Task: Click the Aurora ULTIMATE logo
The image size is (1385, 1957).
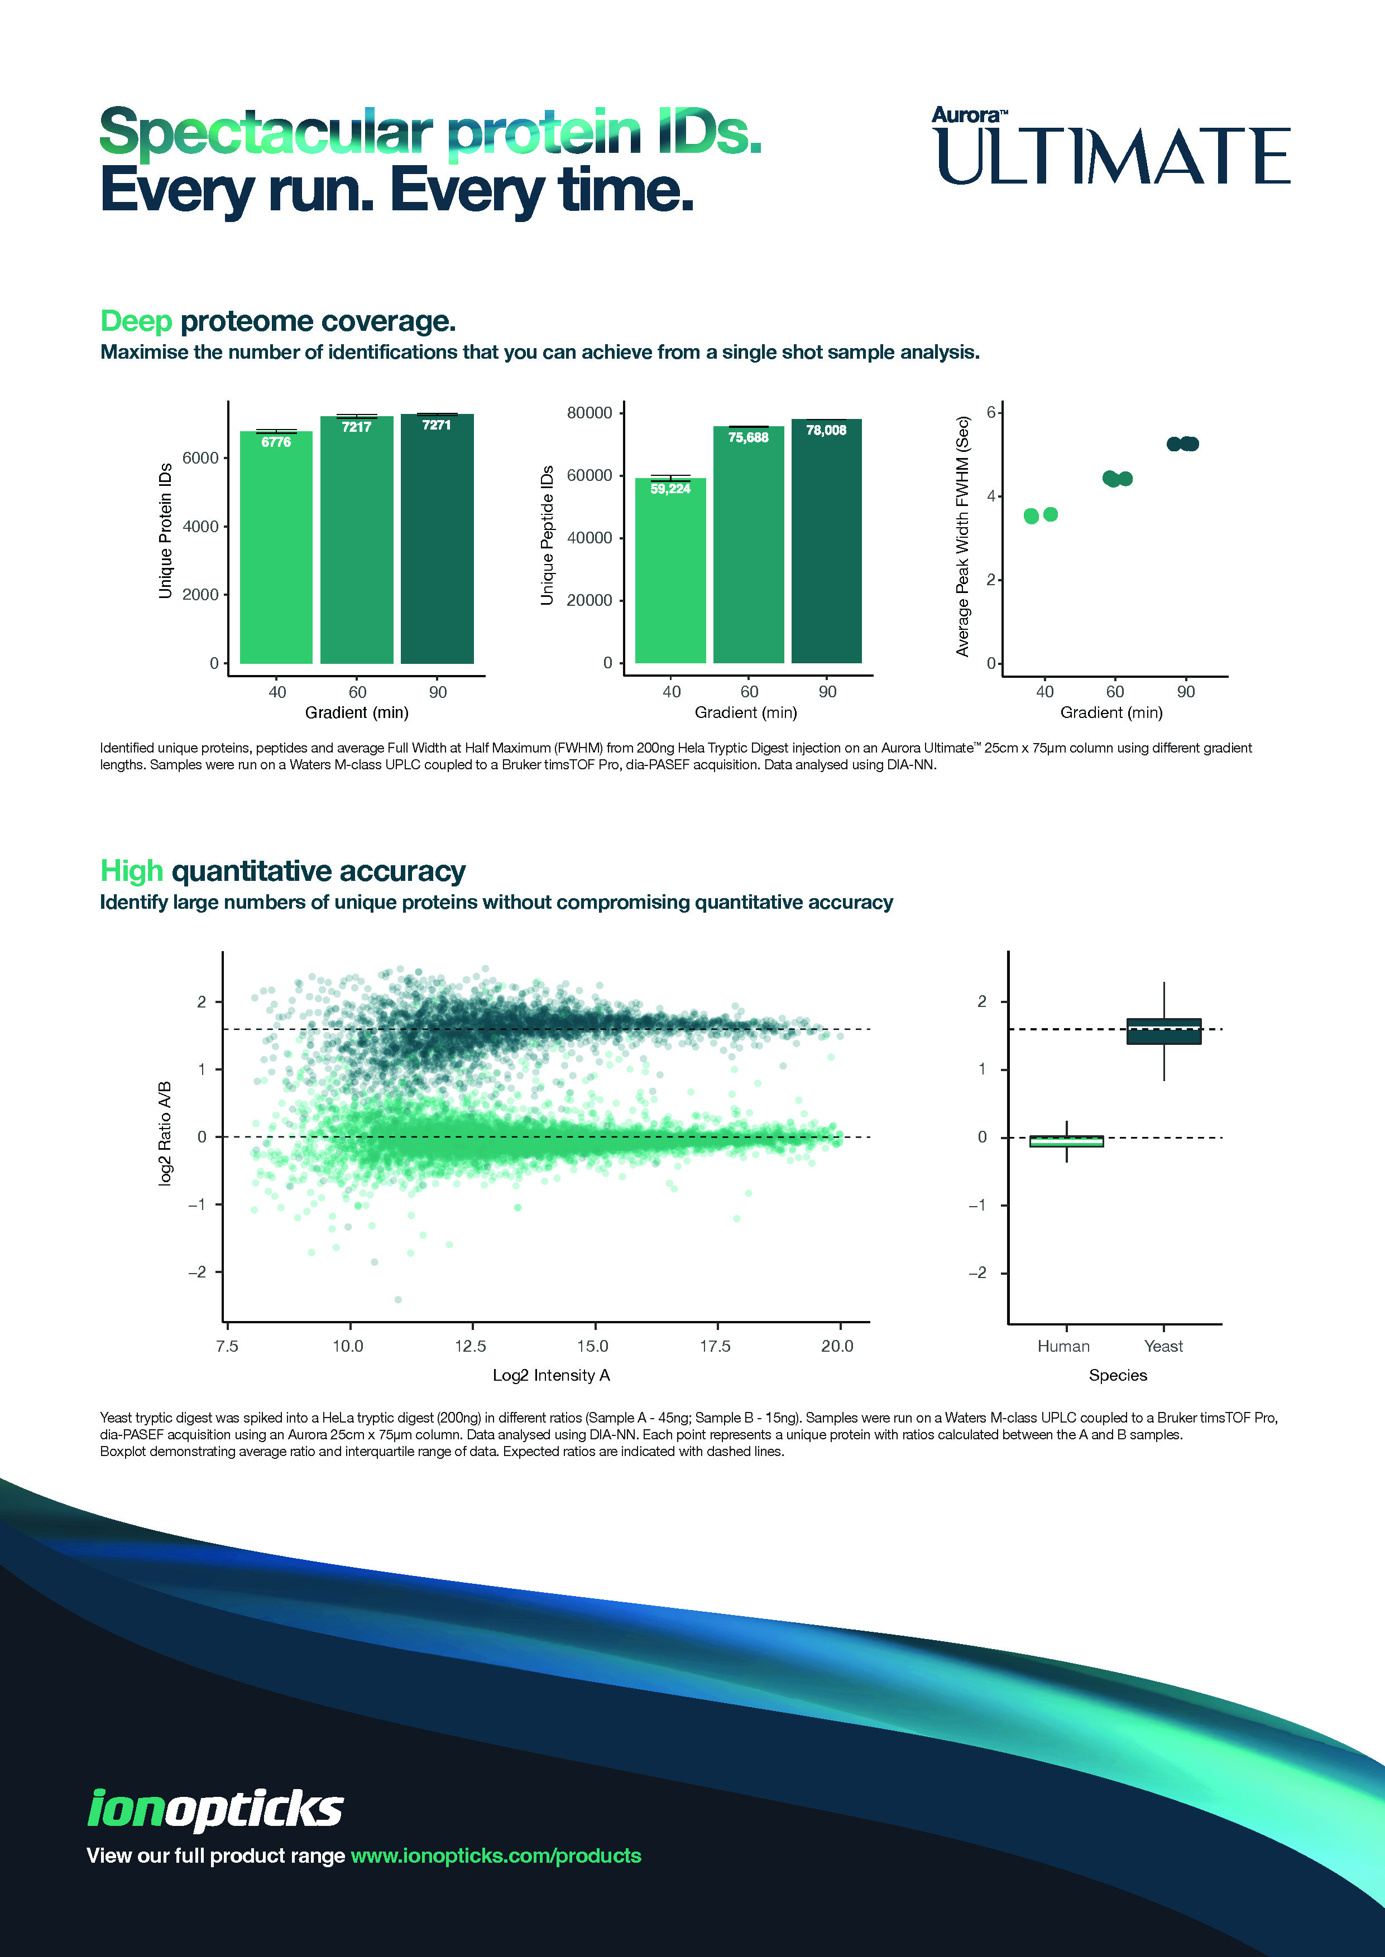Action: [1110, 147]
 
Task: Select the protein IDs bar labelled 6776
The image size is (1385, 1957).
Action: [276, 549]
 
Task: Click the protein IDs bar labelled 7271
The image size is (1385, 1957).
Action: [437, 541]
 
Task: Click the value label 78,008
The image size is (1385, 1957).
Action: [826, 431]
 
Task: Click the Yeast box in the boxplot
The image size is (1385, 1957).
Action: [1163, 1031]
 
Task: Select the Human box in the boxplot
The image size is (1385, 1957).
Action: [1066, 1141]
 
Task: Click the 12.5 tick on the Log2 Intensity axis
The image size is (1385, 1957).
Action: [470, 1347]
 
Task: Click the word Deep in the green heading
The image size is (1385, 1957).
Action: [136, 321]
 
